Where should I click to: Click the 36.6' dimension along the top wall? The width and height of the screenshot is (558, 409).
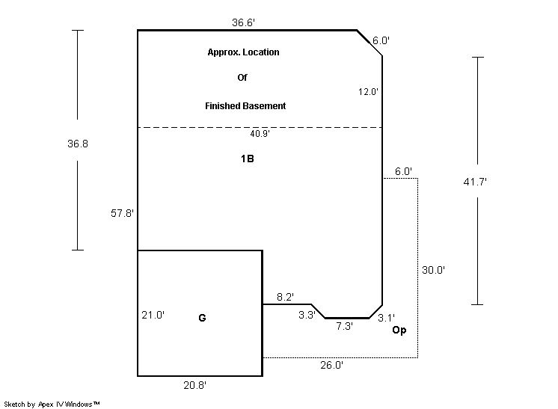pos(243,22)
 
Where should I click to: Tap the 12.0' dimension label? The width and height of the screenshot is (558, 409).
pos(368,92)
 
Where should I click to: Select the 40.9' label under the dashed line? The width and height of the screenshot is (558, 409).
pos(260,134)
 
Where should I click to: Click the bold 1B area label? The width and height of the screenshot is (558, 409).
pos(248,159)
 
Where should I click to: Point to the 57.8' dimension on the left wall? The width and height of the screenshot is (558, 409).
pos(122,213)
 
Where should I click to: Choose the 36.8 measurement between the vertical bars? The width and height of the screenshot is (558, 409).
pos(78,144)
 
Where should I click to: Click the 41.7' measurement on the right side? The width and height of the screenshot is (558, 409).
pos(475,182)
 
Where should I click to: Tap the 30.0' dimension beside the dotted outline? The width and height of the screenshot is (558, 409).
pos(433,270)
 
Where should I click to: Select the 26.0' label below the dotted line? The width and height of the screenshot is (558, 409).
pos(331,365)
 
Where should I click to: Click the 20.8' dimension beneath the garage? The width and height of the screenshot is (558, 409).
pos(195,385)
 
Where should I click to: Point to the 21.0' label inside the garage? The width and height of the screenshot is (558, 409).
pos(153,315)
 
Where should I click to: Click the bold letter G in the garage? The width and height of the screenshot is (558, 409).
pos(202,318)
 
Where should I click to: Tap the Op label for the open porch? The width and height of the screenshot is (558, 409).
pos(399,330)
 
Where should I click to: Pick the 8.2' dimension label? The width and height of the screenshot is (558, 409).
pos(285,297)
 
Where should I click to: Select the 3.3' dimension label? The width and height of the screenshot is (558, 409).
pos(307,315)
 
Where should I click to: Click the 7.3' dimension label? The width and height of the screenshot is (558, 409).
pos(345,326)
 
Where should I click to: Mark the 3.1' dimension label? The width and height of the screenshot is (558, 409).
pos(386,318)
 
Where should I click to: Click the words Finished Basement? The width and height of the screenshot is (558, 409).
pos(245,106)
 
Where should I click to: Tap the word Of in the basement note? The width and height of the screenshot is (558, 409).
pos(242,78)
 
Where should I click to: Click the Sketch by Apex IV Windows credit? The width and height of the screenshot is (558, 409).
pos(52,404)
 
